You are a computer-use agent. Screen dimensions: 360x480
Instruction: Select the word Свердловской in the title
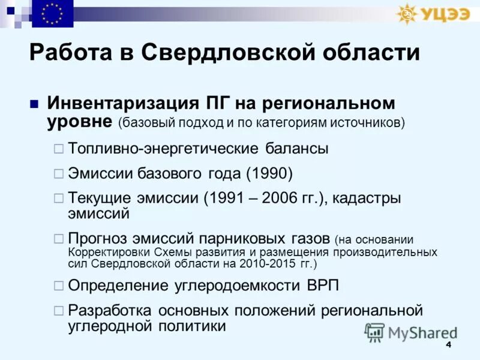pos(222,53)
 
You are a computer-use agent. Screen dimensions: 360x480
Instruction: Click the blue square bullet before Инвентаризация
pos(34,103)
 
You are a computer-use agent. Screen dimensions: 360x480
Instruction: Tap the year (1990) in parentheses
pos(269,173)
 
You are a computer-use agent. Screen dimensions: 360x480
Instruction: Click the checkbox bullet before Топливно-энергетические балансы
pos(58,148)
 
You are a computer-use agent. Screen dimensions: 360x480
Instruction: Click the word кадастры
pos(366,198)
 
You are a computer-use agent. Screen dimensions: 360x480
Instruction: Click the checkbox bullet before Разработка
pos(58,311)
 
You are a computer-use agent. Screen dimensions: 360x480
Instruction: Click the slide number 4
pos(448,346)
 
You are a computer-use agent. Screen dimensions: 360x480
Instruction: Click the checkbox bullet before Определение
pos(58,285)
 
